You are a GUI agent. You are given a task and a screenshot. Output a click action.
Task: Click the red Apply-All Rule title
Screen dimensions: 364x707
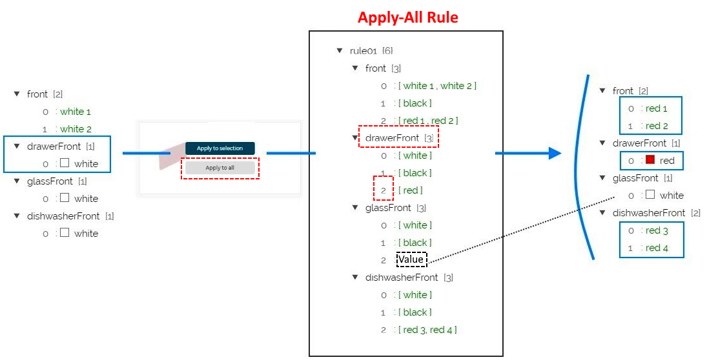[407, 17]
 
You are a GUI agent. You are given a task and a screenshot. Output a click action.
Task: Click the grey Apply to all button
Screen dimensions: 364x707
[220, 168]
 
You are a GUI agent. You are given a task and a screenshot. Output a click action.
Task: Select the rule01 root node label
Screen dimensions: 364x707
[364, 50]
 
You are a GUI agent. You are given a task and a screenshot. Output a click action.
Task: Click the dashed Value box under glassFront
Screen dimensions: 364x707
[411, 259]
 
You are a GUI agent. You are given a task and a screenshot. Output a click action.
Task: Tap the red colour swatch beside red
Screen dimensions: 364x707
[650, 160]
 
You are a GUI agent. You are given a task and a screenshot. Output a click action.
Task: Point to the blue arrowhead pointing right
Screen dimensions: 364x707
[552, 153]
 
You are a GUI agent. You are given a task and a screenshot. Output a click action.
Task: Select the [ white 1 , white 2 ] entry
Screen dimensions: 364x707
[437, 85]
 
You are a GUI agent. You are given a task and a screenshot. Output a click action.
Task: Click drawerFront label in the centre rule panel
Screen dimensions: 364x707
[392, 137]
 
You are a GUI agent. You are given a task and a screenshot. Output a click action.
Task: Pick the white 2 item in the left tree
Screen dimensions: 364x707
[76, 128]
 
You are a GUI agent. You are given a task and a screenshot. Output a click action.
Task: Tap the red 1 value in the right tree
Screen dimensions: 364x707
[657, 108]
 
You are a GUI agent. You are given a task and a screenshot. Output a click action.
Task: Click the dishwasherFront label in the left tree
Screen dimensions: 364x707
[63, 216]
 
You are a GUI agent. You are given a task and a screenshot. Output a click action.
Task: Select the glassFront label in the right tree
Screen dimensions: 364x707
[635, 177]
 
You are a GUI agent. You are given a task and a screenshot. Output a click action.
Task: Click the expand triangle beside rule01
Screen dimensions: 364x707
[340, 50]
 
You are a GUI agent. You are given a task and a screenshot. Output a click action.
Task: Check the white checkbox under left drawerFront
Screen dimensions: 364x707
[65, 163]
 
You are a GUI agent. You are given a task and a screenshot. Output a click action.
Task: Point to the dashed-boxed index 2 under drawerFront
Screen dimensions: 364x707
[384, 190]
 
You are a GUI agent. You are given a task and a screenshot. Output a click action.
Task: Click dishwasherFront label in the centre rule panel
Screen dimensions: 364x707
[402, 277]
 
